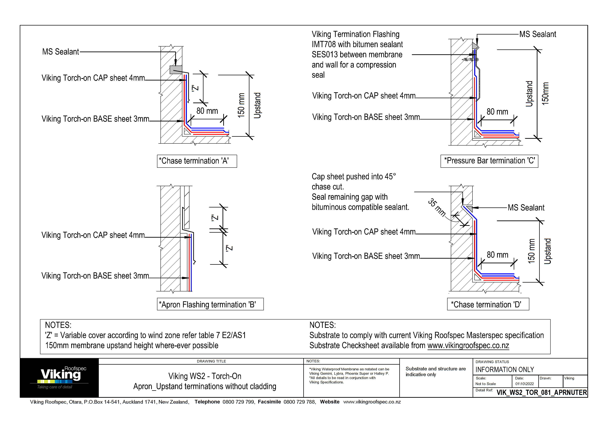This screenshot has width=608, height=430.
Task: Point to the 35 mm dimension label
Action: [437, 207]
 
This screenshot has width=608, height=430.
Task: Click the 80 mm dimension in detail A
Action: [207, 111]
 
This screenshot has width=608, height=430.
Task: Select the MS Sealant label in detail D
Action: [526, 207]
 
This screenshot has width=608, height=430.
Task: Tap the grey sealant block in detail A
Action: [176, 70]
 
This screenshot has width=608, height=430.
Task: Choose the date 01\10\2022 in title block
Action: [524, 384]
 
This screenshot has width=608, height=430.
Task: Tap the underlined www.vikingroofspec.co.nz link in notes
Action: [468, 346]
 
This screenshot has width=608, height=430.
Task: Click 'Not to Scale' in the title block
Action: [485, 384]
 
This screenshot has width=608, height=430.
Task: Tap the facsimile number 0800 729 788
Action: [299, 402]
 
